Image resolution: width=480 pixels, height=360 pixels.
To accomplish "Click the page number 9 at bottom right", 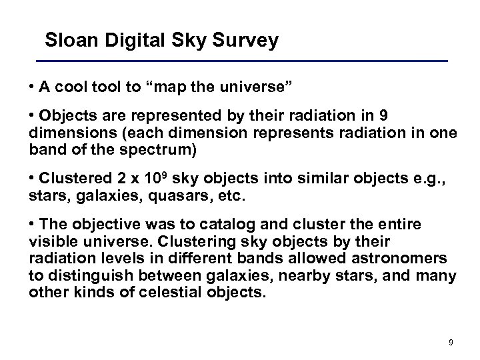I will point(451,343).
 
